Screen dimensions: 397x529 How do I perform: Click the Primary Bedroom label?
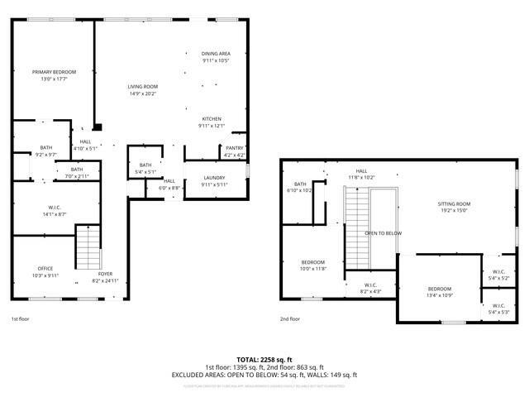(54, 72)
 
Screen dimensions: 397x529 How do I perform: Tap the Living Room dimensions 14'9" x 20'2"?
(142, 93)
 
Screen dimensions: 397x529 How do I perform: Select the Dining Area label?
(215, 54)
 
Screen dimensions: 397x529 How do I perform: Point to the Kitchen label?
(212, 118)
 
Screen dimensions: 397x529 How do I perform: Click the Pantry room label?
(235, 149)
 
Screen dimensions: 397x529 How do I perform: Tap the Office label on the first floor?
(45, 269)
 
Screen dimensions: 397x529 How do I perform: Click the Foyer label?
(105, 274)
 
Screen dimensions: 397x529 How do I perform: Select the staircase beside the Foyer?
(88, 246)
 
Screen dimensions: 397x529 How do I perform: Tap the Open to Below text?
(384, 233)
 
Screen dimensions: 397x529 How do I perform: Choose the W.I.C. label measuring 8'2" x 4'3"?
(369, 286)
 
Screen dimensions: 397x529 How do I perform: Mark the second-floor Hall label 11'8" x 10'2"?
(361, 171)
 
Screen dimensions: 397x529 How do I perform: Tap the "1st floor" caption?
(20, 318)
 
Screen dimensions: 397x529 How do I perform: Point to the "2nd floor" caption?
(289, 318)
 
